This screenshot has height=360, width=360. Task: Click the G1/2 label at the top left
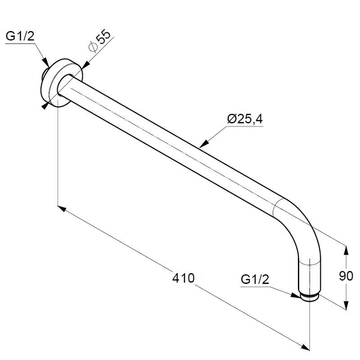20,36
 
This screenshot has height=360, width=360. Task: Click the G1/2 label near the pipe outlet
255,279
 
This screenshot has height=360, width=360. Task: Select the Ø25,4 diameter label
245,119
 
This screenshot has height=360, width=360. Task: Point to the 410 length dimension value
183,278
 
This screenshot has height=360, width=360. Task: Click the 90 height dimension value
346,276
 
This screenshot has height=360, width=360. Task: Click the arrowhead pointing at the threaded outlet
296,296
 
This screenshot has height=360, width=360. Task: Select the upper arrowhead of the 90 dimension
346,251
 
